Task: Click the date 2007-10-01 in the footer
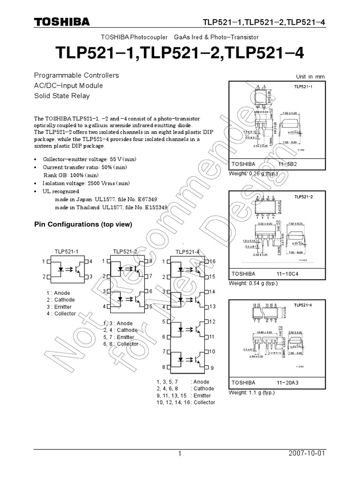(307, 454)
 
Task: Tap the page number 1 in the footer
(179, 454)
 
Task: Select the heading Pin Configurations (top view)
(83, 225)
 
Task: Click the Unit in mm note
(310, 77)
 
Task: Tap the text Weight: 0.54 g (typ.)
(253, 284)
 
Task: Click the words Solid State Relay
(62, 96)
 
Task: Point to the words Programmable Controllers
(76, 75)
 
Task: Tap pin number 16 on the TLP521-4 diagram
(212, 261)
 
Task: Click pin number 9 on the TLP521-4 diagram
(212, 367)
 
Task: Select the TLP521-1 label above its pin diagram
(67, 252)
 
